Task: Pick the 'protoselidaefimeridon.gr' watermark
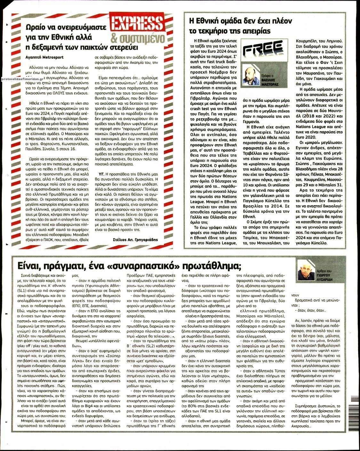pyautogui.click(x=22, y=79)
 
